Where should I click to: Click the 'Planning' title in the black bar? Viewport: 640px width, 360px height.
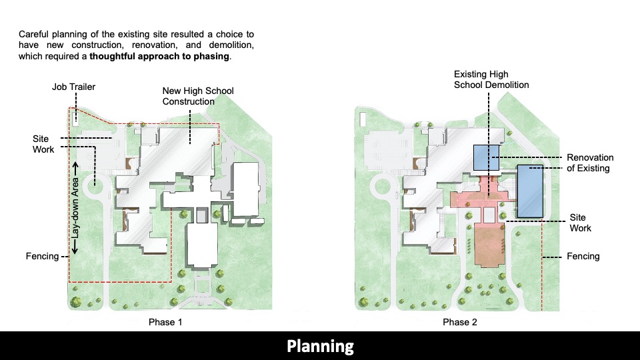pos(320,346)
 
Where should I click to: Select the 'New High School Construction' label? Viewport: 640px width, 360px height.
pos(198,96)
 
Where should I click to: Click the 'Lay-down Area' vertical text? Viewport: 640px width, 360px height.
pos(76,207)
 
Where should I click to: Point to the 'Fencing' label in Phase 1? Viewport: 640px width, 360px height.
pos(42,256)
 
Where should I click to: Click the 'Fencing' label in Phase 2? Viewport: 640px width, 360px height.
pos(583,256)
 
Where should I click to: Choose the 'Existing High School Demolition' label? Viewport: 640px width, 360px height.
pos(491,80)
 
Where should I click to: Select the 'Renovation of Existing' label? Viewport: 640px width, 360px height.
pos(590,163)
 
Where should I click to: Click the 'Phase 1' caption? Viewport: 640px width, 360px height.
pos(165,323)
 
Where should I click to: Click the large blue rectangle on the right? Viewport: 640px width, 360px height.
pos(530,190)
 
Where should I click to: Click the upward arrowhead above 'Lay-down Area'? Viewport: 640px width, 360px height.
pos(76,165)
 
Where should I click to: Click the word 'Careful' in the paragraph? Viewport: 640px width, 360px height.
pos(34,34)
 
